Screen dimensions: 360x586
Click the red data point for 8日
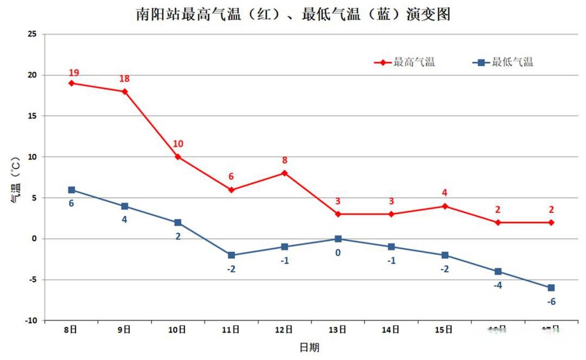pos(72,83)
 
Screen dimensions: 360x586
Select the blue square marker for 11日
pos(231,255)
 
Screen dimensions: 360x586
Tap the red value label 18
pos(125,79)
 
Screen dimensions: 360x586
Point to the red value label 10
pos(178,144)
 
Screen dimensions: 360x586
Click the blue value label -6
pos(551,301)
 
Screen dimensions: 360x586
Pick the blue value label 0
pos(338,252)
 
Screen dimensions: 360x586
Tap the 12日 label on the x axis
pos(284,330)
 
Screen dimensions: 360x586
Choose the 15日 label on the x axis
pos(444,330)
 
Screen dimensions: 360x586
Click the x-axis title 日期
pos(310,347)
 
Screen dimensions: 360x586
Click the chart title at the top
pos(293,14)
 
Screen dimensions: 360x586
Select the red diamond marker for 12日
pos(285,173)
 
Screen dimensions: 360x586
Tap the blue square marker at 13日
pos(338,239)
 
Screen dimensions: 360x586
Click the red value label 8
pos(285,160)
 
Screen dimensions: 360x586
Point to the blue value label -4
pos(498,285)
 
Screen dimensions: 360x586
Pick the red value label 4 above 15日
pos(444,193)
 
